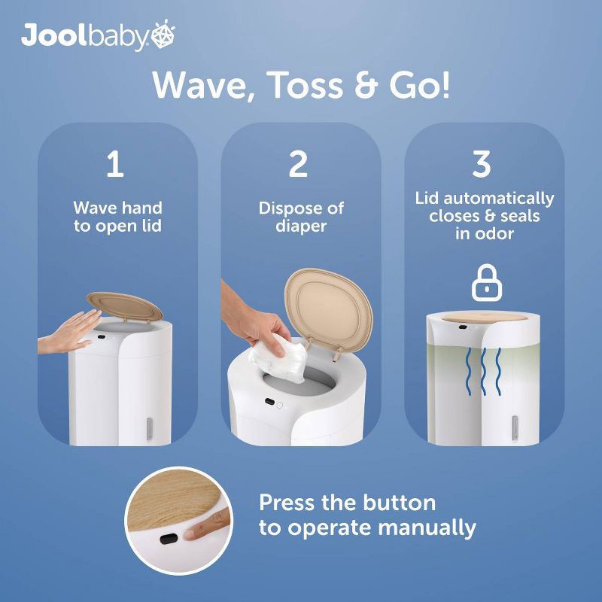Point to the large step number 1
(x=115, y=164)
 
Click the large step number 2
(x=298, y=164)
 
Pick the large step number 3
(x=482, y=164)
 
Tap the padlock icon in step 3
(x=487, y=283)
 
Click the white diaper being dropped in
(x=277, y=359)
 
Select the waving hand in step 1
(x=70, y=332)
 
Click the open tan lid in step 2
(x=328, y=309)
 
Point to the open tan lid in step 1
(x=124, y=306)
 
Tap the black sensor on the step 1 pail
(x=102, y=337)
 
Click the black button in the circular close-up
(x=169, y=539)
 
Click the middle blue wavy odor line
(x=483, y=371)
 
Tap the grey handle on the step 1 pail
(x=149, y=429)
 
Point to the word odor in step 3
(x=495, y=234)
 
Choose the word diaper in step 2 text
(x=301, y=227)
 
